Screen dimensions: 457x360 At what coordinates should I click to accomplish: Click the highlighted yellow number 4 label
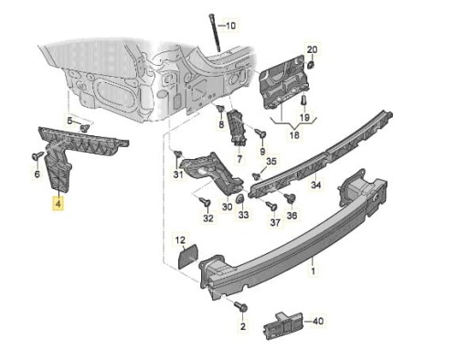point(58,204)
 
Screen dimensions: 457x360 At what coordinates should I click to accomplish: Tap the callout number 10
point(230,26)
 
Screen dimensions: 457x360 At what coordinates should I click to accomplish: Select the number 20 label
point(312,49)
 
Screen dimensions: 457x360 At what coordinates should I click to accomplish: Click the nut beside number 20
point(312,65)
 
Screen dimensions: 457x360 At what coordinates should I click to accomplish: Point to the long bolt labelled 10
point(215,33)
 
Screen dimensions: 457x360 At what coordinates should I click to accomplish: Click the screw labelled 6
point(37,156)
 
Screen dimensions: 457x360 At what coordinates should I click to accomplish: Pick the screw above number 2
point(240,307)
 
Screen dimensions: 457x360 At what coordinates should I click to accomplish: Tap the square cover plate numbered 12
point(188,259)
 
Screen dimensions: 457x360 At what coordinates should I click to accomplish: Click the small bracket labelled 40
point(283,325)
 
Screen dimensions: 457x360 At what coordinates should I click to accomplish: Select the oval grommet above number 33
point(240,199)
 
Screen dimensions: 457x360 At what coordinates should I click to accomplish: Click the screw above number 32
point(205,201)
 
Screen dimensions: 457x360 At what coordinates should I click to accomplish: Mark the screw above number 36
point(290,198)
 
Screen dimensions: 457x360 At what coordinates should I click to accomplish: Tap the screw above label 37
point(271,206)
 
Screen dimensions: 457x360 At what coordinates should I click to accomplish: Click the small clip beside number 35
point(257,176)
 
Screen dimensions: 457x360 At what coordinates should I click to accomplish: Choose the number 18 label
point(294,134)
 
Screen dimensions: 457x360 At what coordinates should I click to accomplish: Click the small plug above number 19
point(303,101)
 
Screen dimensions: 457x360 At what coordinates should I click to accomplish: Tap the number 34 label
point(316,185)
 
